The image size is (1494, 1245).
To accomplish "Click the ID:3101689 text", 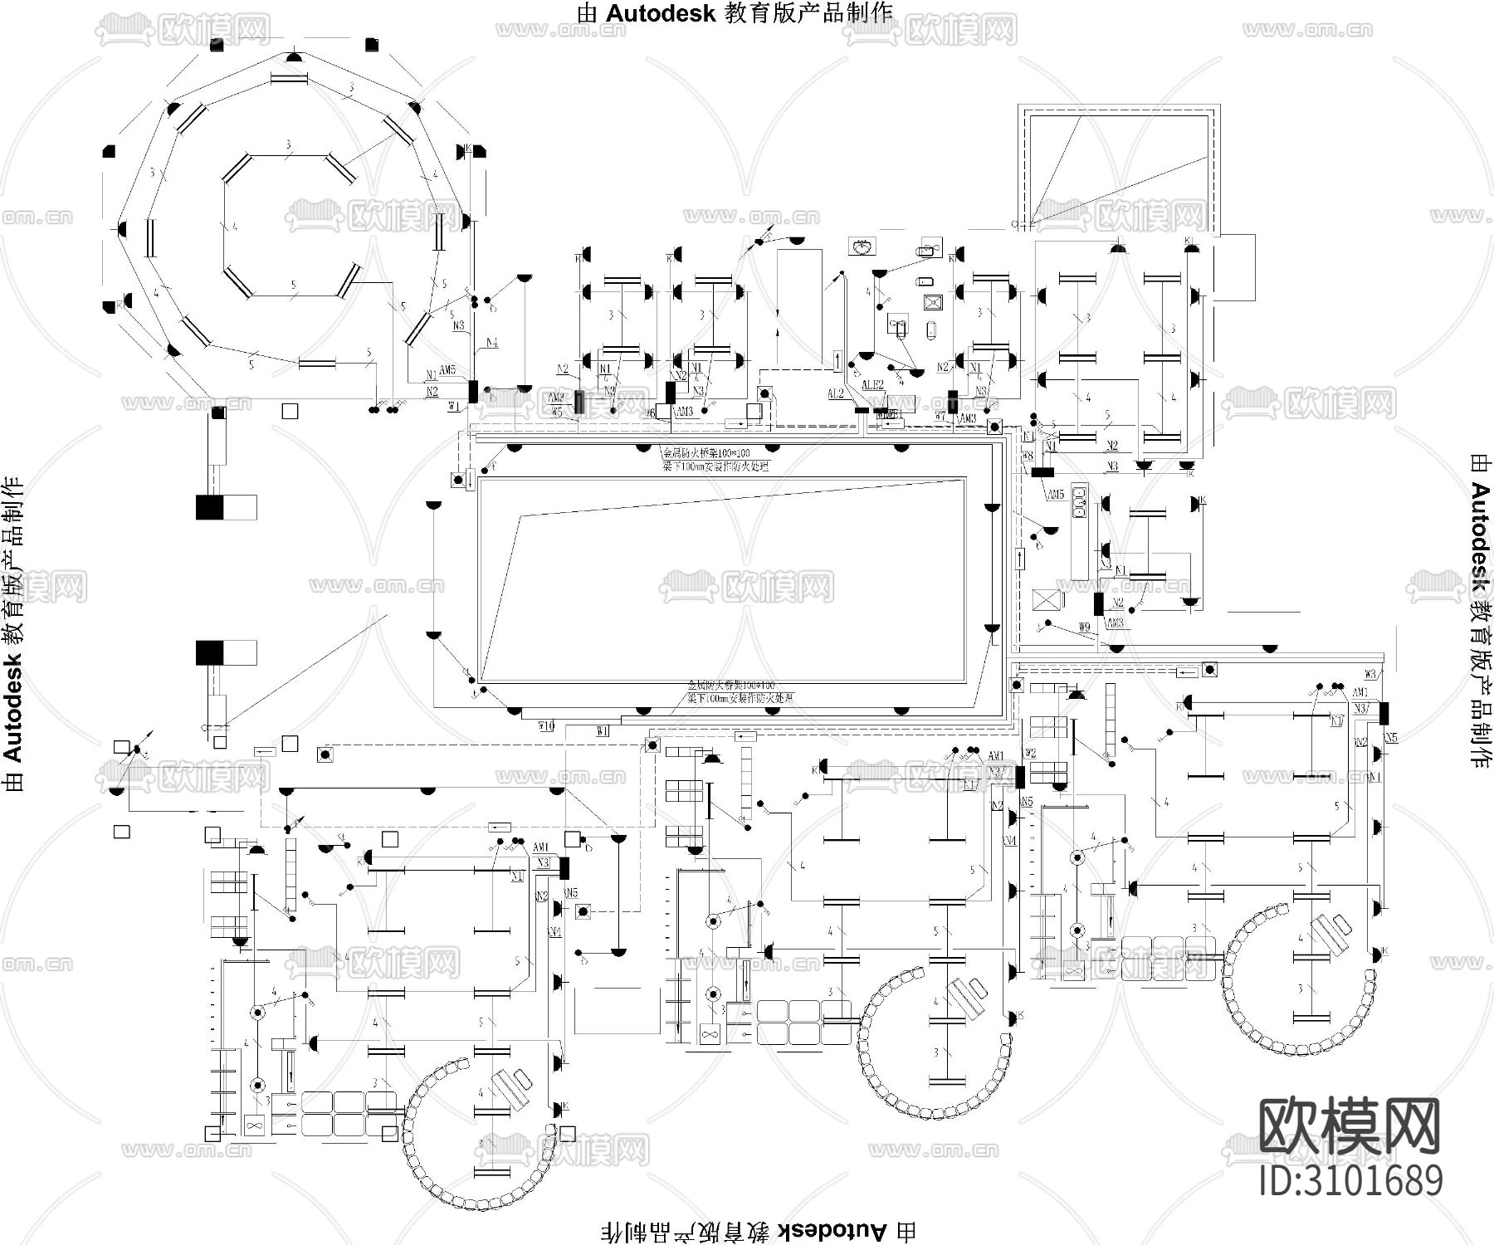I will pos(1351,1180).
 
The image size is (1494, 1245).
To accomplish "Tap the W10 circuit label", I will pos(545,726).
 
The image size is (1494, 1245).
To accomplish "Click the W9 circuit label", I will pos(1084,627).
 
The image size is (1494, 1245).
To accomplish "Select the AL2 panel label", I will pos(836,393).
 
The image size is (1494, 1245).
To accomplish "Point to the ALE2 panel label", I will pos(872,385).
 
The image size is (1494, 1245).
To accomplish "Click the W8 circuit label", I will pos(1028,456).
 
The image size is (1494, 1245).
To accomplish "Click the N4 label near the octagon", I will pos(491,342).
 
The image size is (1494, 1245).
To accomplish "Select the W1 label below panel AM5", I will pos(453,406).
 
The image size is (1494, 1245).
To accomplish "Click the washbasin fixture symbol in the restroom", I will pos(863,246).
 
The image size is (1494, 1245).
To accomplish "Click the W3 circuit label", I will pos(1370,673).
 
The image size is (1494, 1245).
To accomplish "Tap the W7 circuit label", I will pos(940,416).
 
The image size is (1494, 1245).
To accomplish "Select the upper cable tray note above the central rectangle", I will pos(714,459).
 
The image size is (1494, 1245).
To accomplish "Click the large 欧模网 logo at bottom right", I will pos(1350,1125).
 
